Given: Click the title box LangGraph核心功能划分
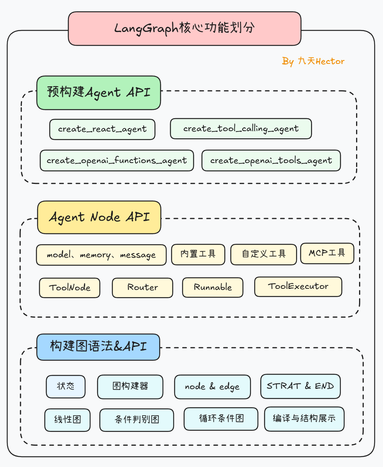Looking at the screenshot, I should (x=184, y=28).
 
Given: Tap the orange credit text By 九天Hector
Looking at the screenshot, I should (x=313, y=61).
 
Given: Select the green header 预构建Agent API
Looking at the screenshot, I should (x=99, y=93).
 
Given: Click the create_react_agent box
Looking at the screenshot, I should (x=102, y=129).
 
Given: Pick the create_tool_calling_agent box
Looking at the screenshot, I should (x=241, y=129).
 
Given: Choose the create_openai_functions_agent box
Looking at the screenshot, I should (x=117, y=160).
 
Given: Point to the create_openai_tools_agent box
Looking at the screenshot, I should (x=271, y=160).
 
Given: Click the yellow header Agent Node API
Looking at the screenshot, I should (x=99, y=217).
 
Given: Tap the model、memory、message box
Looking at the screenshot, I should (x=101, y=255).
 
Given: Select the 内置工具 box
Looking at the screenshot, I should (x=198, y=254).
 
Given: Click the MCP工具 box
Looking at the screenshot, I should (x=327, y=253).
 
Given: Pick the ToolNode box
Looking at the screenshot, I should (x=70, y=288).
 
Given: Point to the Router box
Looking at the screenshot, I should (x=142, y=288).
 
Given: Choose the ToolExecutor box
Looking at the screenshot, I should (x=298, y=287).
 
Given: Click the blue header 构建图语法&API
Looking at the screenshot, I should (x=98, y=347).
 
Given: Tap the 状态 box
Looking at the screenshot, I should (x=66, y=386).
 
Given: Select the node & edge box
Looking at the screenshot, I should (x=212, y=387).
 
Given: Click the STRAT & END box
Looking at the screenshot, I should (x=300, y=386).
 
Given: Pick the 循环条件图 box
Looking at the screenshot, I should (x=221, y=419).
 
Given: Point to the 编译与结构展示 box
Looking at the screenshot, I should (x=304, y=419).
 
